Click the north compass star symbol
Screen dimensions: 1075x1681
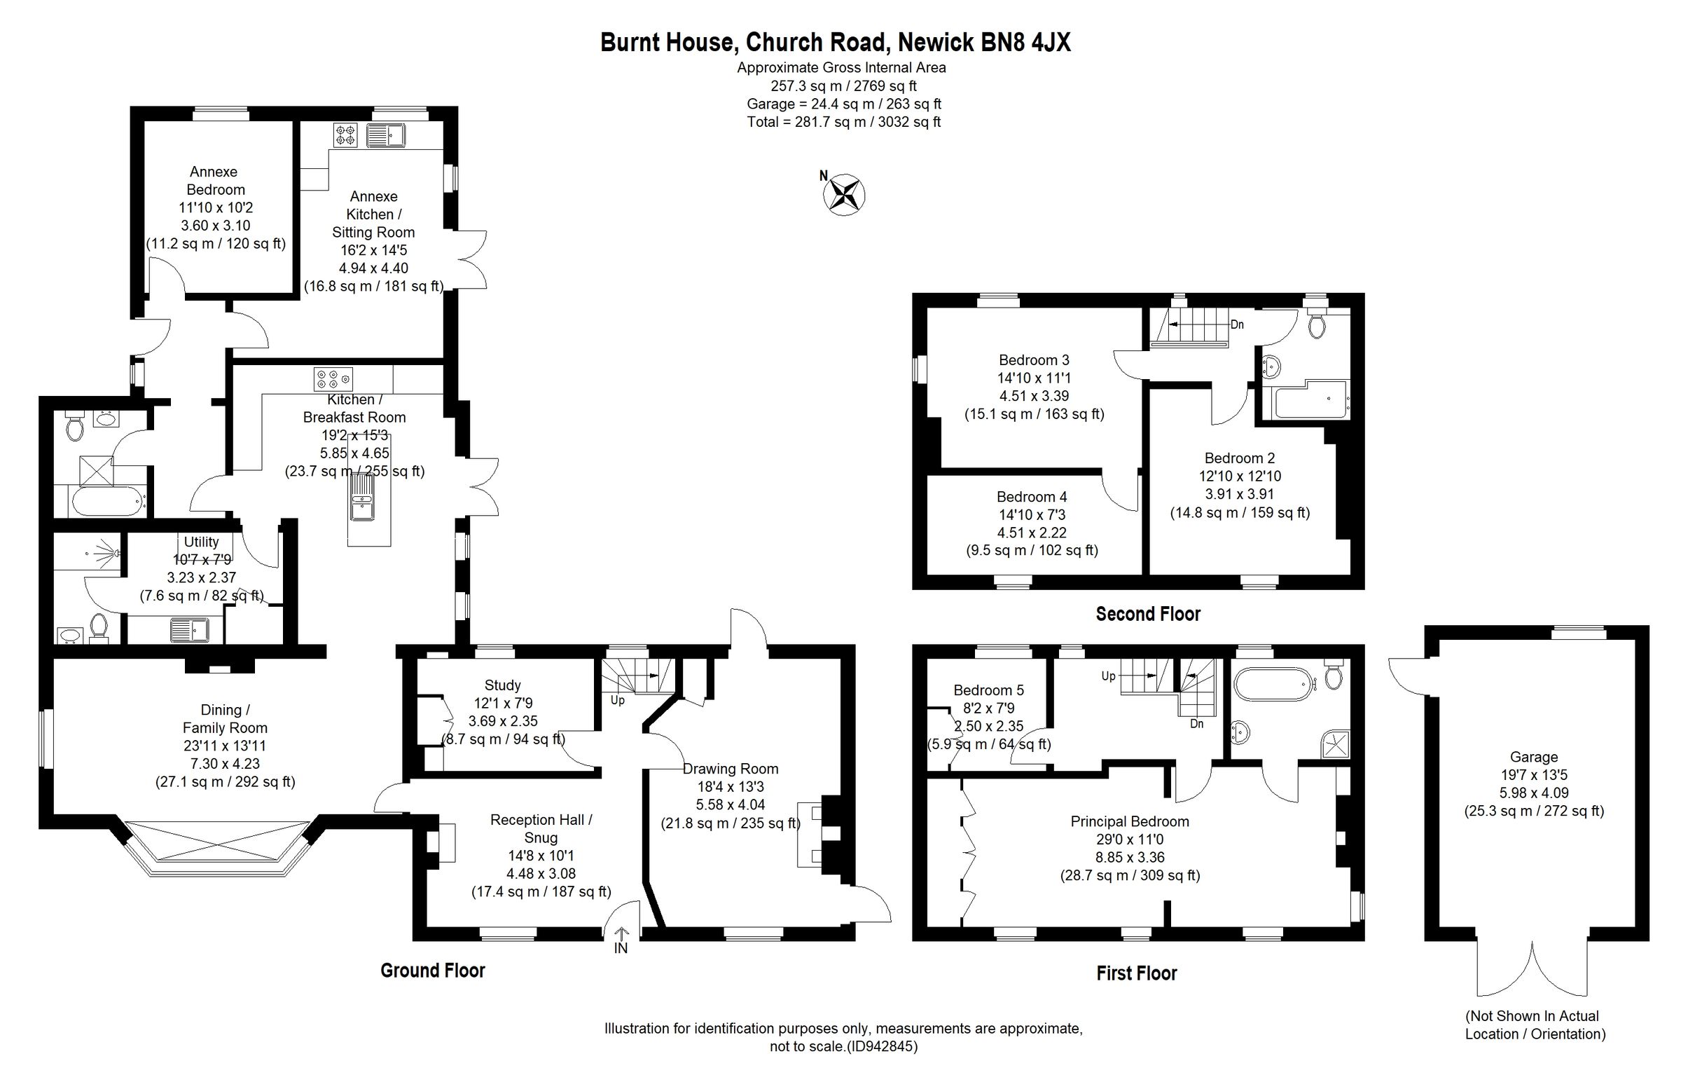click(x=845, y=194)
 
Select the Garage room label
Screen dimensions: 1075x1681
click(x=1533, y=757)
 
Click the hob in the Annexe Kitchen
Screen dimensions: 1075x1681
click(x=345, y=135)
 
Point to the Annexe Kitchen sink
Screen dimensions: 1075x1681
click(x=385, y=135)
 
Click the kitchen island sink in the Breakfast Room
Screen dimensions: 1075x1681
click(x=362, y=498)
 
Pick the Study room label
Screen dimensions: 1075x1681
click(x=502, y=685)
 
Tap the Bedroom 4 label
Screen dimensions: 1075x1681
click(x=1031, y=497)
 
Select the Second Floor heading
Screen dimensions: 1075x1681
click(x=1147, y=615)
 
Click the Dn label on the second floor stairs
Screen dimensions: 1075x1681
click(x=1237, y=324)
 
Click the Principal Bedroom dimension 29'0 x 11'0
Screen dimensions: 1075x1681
click(x=1129, y=840)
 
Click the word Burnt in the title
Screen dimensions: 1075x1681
click(x=632, y=43)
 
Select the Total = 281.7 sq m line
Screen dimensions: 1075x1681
click(x=843, y=122)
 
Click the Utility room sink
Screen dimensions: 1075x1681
click(x=190, y=630)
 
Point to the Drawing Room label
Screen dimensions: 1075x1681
click(x=730, y=769)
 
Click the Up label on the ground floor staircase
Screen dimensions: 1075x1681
click(x=617, y=700)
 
